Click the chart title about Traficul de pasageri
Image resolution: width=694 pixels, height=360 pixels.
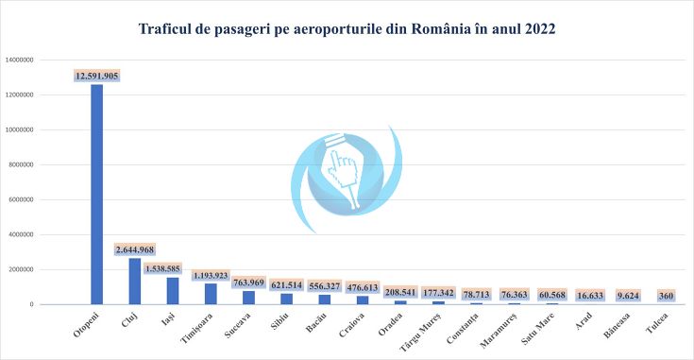(x=347, y=29)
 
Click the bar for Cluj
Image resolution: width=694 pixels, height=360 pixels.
(x=135, y=281)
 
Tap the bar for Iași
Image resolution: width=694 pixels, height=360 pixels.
(x=173, y=290)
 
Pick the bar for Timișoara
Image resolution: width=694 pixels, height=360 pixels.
(x=211, y=293)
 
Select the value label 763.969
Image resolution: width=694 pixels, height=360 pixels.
(x=249, y=283)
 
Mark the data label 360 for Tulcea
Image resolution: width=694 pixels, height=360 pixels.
(x=666, y=295)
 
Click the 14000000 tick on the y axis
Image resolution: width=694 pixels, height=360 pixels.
(x=21, y=60)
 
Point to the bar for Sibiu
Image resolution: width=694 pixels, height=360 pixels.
(x=287, y=299)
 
